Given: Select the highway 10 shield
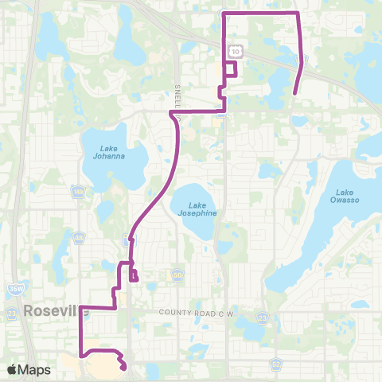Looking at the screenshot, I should pos(236,52).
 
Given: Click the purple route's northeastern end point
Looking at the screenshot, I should pos(294,94).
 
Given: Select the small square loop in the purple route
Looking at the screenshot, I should pos(230,68).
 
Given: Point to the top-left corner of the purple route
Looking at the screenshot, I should pos(222,14).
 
